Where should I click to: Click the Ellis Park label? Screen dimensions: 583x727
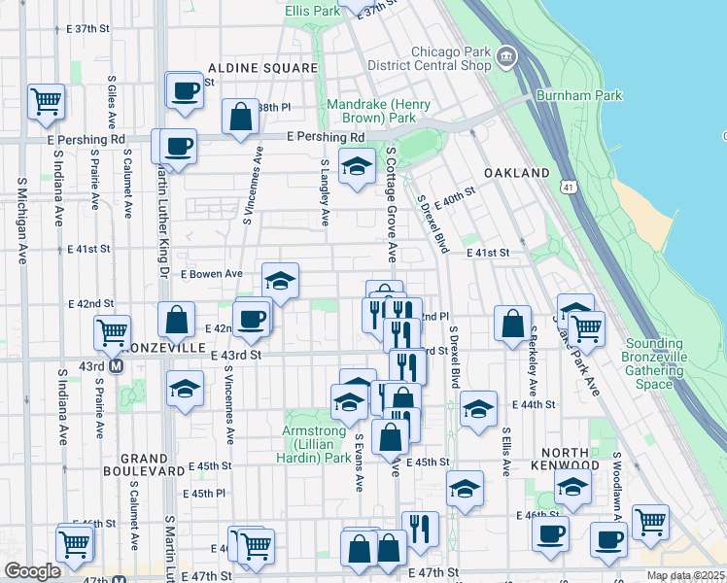[313, 11]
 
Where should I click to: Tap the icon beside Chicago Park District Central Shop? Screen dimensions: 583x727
[505, 58]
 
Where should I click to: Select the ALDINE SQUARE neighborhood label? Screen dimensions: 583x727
[262, 68]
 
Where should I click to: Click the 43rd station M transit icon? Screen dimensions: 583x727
[117, 366]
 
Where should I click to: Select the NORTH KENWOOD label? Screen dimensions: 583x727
[565, 461]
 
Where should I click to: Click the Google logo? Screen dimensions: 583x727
[33, 571]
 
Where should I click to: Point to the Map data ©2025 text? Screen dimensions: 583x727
[685, 575]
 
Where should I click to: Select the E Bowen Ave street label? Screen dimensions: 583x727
[212, 274]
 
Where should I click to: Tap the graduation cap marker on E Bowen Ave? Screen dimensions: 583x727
[280, 282]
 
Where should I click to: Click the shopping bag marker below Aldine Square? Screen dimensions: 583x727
[239, 118]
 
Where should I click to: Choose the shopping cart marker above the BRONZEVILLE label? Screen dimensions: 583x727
[113, 332]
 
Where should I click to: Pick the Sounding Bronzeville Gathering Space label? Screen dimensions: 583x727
[662, 364]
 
